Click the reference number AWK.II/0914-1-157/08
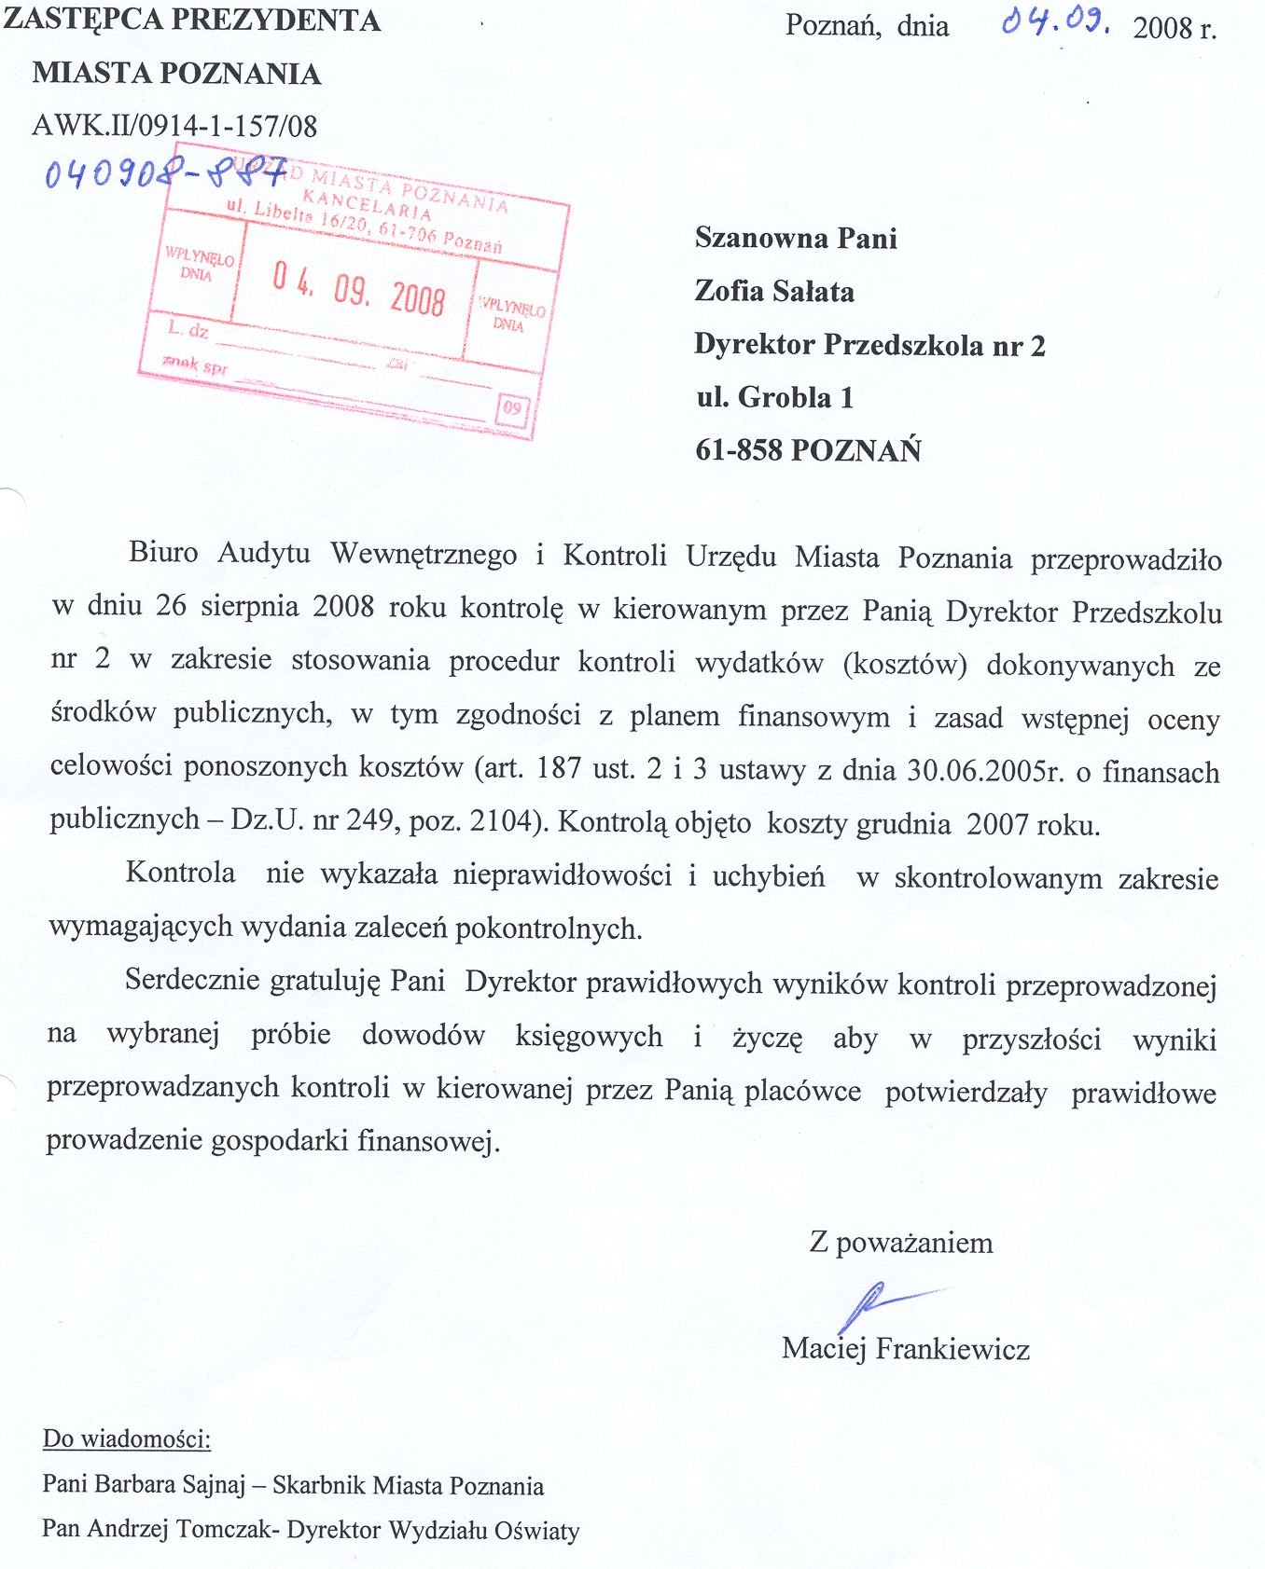(174, 126)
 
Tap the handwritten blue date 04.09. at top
(1055, 22)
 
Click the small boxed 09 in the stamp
(512, 407)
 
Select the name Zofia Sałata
(774, 292)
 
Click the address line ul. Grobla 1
(774, 398)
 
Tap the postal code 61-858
(739, 451)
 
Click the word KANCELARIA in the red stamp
(368, 205)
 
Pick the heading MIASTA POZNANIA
(176, 74)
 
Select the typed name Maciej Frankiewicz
(905, 1349)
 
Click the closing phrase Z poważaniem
(900, 1243)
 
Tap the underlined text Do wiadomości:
(127, 1438)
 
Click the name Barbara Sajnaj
(168, 1485)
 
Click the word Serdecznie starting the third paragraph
(191, 980)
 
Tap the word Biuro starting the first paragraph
(163, 553)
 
